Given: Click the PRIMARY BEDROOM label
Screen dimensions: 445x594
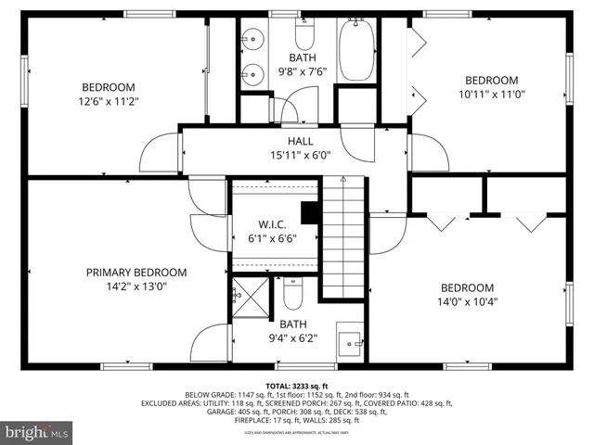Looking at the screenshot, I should [x=136, y=273].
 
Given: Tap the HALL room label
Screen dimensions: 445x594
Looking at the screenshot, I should [x=300, y=141].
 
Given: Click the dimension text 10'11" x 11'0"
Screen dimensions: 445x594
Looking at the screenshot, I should [x=491, y=95].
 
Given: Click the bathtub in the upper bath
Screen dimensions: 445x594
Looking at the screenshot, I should [x=356, y=50].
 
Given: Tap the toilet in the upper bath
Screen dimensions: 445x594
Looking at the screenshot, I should [x=305, y=36].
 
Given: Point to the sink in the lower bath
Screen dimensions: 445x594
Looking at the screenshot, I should [x=350, y=341].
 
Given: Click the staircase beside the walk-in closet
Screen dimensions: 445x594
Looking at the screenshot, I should [x=343, y=236].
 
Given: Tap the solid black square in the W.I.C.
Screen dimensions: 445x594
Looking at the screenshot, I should [x=312, y=211].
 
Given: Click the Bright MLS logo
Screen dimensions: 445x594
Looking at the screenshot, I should [x=37, y=432].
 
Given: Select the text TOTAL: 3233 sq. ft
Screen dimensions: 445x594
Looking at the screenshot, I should [x=297, y=385].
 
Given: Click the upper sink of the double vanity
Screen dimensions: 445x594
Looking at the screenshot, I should [x=252, y=40].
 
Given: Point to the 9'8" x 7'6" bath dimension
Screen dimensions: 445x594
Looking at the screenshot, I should [x=303, y=70].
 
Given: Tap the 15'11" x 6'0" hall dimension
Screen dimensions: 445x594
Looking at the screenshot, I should [x=300, y=155].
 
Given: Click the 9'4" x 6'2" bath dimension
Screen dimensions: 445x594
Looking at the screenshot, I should [x=293, y=338].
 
